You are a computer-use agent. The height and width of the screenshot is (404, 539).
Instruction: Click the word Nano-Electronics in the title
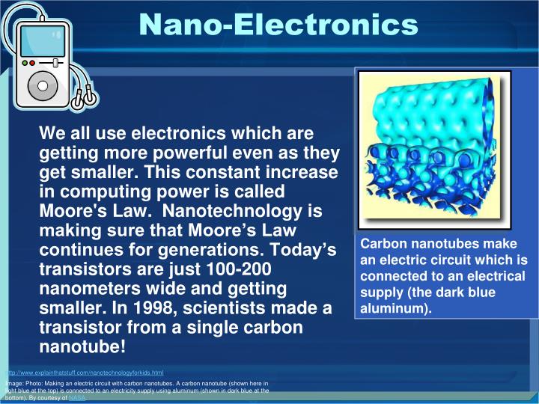click(x=278, y=24)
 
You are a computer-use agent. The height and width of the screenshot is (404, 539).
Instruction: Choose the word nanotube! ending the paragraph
click(x=82, y=347)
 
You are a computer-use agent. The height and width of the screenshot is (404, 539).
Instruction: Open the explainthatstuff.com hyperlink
click(x=85, y=372)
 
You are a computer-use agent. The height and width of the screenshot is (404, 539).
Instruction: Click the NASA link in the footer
click(x=78, y=399)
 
